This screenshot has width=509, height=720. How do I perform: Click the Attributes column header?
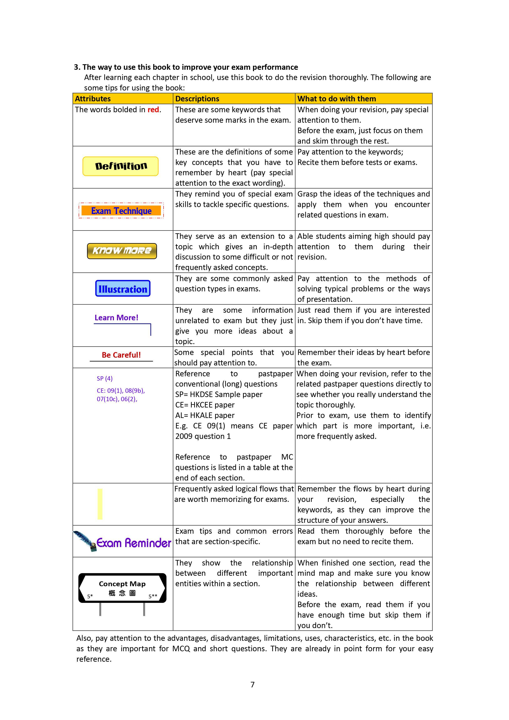point(93,99)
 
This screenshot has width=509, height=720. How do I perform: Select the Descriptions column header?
point(197,99)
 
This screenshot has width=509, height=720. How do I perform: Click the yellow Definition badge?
point(121,166)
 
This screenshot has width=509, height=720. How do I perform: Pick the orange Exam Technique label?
point(121,211)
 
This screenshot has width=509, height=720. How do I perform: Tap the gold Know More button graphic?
point(122,251)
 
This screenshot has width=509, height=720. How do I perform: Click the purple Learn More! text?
point(116,318)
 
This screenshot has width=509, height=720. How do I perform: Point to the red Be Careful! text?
point(121,355)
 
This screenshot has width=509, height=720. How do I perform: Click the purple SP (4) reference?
point(104,379)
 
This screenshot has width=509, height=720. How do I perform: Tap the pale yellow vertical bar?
point(100,504)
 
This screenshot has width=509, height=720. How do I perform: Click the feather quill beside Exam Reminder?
point(84,540)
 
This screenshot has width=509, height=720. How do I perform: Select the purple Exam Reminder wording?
point(134,543)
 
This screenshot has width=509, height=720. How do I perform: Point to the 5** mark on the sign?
point(153,596)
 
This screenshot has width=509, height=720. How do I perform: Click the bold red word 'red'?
point(153,110)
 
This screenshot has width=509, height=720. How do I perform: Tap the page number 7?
point(252,685)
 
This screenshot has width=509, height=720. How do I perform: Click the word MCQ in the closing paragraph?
point(181,649)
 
